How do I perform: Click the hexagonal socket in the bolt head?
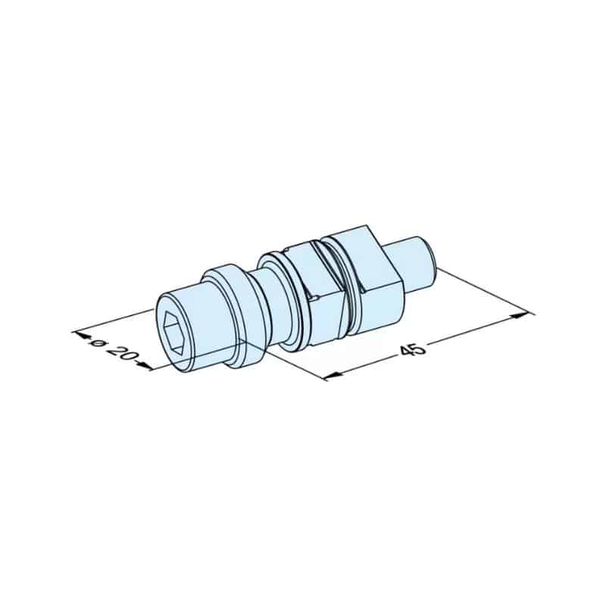point(175,333)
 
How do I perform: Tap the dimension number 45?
point(413,350)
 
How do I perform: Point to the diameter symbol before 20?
point(95,342)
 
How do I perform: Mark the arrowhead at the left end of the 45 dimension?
point(333,375)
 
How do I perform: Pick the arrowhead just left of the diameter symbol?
point(80,335)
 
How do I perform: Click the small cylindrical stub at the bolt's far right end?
point(415,264)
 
